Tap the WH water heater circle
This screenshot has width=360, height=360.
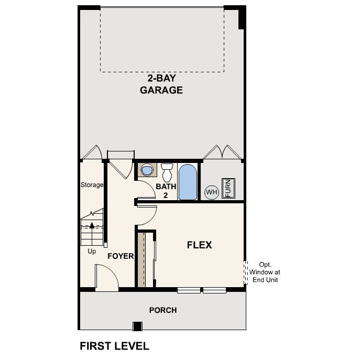pyautogui.click(x=211, y=192)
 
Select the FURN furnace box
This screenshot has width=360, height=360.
pyautogui.click(x=228, y=188)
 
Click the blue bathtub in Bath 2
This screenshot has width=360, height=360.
pyautogui.click(x=188, y=182)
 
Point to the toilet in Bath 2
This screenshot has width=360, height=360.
pyautogui.click(x=167, y=172)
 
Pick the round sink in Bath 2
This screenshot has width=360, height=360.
pyautogui.click(x=148, y=170)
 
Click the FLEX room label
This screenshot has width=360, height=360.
pyautogui.click(x=199, y=245)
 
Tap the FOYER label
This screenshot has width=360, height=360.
pyautogui.click(x=121, y=256)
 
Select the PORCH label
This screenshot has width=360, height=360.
pyautogui.click(x=163, y=310)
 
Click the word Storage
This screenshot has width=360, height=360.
pyautogui.click(x=92, y=185)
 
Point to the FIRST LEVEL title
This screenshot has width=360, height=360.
pyautogui.click(x=114, y=346)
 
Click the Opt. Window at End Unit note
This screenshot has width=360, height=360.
pyautogui.click(x=265, y=272)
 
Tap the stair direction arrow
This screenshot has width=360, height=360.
pyautogui.click(x=92, y=226)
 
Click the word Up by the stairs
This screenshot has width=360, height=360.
pyautogui.click(x=92, y=251)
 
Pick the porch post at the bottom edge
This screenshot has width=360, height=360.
pyautogui.click(x=137, y=326)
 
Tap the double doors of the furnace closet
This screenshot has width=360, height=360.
pyautogui.click(x=222, y=152)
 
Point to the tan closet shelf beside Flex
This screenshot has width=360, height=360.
pyautogui.click(x=141, y=259)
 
